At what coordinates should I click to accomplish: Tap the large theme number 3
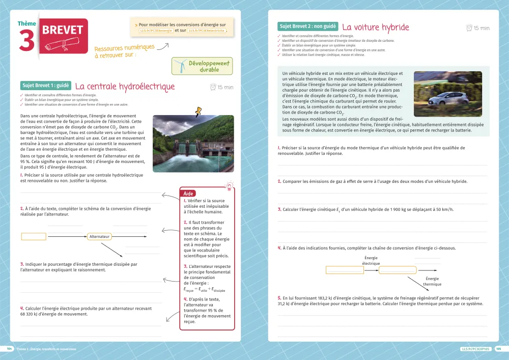click(26, 41)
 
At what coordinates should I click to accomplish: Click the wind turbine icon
click(180, 65)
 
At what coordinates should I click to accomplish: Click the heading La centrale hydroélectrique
click(125, 87)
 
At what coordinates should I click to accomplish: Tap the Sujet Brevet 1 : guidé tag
click(45, 86)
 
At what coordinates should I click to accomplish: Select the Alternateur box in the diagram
click(100, 237)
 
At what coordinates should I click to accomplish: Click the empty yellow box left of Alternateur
click(34, 237)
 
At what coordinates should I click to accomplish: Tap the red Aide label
click(189, 193)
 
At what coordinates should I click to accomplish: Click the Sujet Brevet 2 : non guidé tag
click(307, 26)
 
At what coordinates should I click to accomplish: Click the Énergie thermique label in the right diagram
click(432, 282)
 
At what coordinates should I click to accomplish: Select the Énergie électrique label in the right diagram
click(371, 261)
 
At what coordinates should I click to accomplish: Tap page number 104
click(9, 349)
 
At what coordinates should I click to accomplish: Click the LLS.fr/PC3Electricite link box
click(207, 31)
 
